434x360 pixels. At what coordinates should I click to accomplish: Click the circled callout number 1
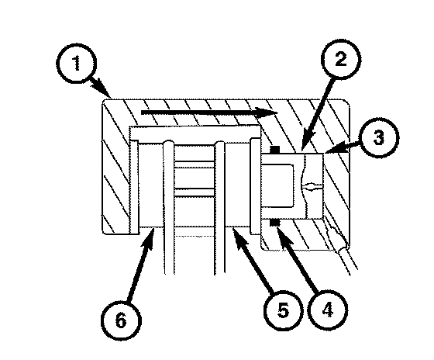(77, 63)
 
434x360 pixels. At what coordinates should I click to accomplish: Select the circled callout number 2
(341, 59)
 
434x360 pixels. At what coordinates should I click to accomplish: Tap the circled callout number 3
(378, 138)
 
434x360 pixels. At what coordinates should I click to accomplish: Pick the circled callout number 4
(327, 310)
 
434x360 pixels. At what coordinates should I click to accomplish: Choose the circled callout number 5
(283, 310)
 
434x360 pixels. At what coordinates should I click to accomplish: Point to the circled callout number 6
(121, 320)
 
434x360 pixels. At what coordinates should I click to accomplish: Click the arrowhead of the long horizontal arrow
(267, 112)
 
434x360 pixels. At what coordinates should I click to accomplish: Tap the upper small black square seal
(275, 150)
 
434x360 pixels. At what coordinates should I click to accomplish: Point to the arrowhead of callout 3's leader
(332, 149)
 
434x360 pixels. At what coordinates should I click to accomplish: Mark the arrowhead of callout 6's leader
(148, 237)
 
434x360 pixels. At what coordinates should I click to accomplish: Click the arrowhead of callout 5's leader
(240, 236)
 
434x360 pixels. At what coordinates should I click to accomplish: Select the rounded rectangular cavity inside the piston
(277, 185)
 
